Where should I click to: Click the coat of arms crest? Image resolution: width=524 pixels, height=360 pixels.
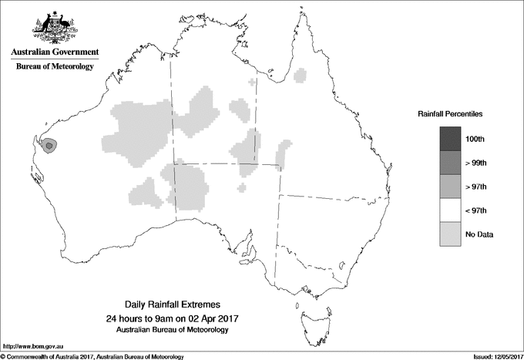tap(54, 28)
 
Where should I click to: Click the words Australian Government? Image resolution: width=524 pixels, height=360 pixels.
tap(54, 52)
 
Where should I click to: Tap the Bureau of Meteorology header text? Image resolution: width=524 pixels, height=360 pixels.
tap(54, 67)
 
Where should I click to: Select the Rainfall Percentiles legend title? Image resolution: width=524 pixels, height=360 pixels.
tap(450, 113)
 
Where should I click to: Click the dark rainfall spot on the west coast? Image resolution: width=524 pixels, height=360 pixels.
tap(49, 144)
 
